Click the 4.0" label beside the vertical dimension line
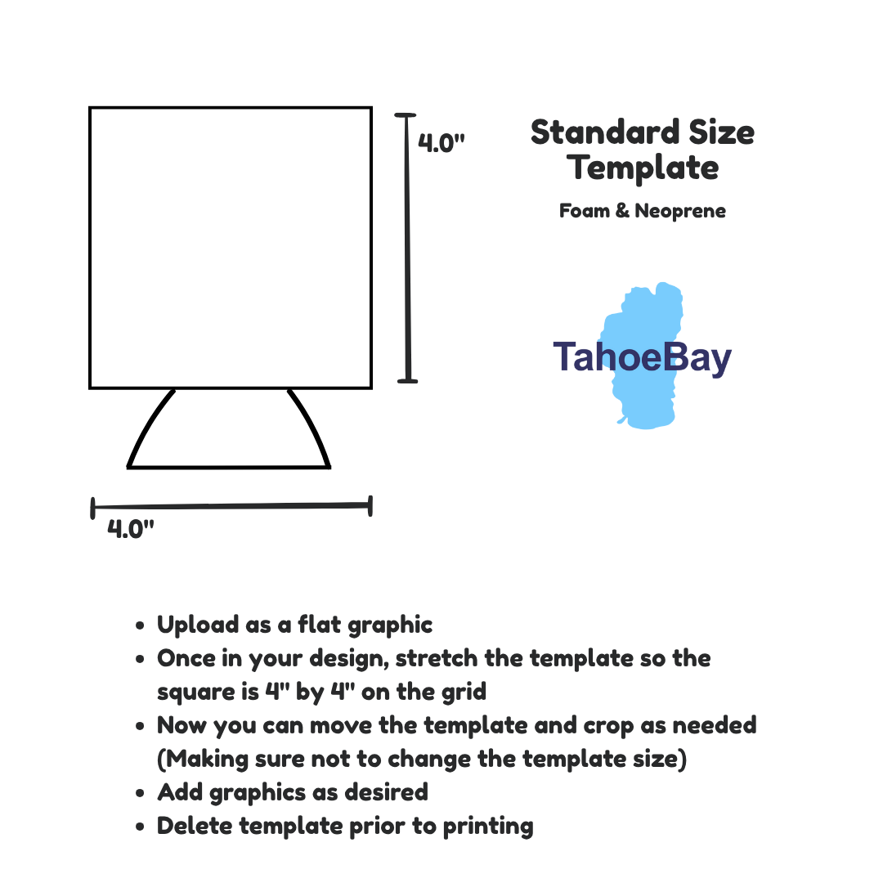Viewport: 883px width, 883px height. pos(441,143)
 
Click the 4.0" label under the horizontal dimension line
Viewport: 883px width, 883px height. pos(131,529)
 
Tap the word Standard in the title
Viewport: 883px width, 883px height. pos(605,132)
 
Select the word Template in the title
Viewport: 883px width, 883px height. pos(643,168)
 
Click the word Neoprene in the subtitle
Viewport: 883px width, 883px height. pos(680,211)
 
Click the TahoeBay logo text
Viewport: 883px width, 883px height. pos(642,357)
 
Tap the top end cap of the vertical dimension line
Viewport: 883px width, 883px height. pos(405,115)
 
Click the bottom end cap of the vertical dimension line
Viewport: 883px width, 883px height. pos(408,381)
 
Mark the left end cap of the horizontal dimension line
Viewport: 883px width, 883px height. pos(93,508)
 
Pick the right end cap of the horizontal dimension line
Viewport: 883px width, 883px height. pos(370,506)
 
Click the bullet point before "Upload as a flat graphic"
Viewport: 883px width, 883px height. pos(141,625)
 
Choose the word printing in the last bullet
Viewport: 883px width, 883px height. pos(487,827)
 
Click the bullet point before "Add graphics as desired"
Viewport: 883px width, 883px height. pos(141,793)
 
